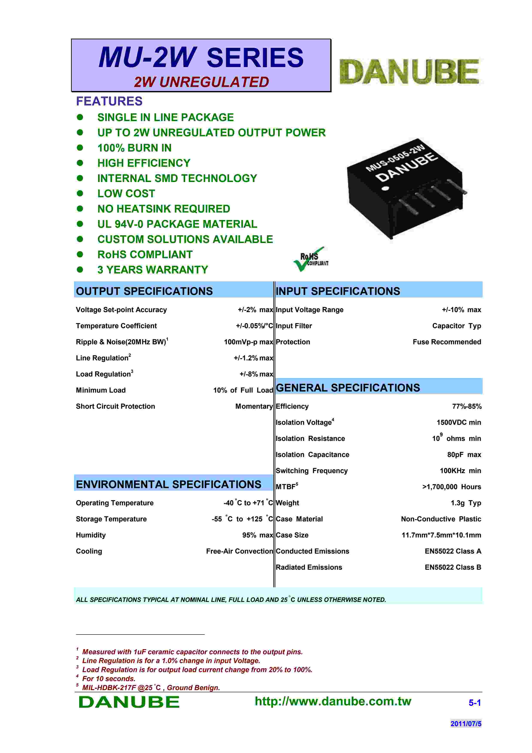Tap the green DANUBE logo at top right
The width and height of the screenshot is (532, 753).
(x=409, y=71)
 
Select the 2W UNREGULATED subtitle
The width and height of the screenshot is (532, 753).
(x=201, y=82)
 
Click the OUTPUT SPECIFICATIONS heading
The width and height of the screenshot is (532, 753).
(x=144, y=291)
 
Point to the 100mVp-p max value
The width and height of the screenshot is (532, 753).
(x=248, y=342)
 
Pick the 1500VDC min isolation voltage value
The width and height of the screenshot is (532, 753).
(x=459, y=422)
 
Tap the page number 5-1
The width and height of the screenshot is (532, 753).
(x=474, y=703)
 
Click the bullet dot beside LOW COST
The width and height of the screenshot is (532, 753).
(x=80, y=193)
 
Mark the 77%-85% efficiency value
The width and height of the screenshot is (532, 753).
(x=467, y=406)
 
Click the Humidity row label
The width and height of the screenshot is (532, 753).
(x=91, y=535)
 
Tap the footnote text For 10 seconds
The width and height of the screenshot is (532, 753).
(x=109, y=679)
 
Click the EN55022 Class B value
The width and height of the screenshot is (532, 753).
(x=453, y=567)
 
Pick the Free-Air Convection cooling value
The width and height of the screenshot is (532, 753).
(x=239, y=551)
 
